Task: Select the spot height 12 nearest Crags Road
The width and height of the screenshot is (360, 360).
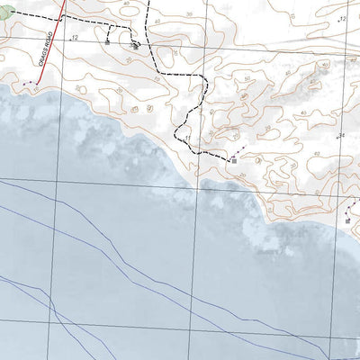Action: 74,38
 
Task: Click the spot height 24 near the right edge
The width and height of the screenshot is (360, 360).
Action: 341,135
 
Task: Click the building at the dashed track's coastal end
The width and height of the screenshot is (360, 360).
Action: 233,159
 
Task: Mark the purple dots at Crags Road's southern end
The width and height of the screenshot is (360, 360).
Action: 31,84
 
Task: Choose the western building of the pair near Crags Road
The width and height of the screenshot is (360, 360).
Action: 109,40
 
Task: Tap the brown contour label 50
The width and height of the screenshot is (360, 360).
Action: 247,79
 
